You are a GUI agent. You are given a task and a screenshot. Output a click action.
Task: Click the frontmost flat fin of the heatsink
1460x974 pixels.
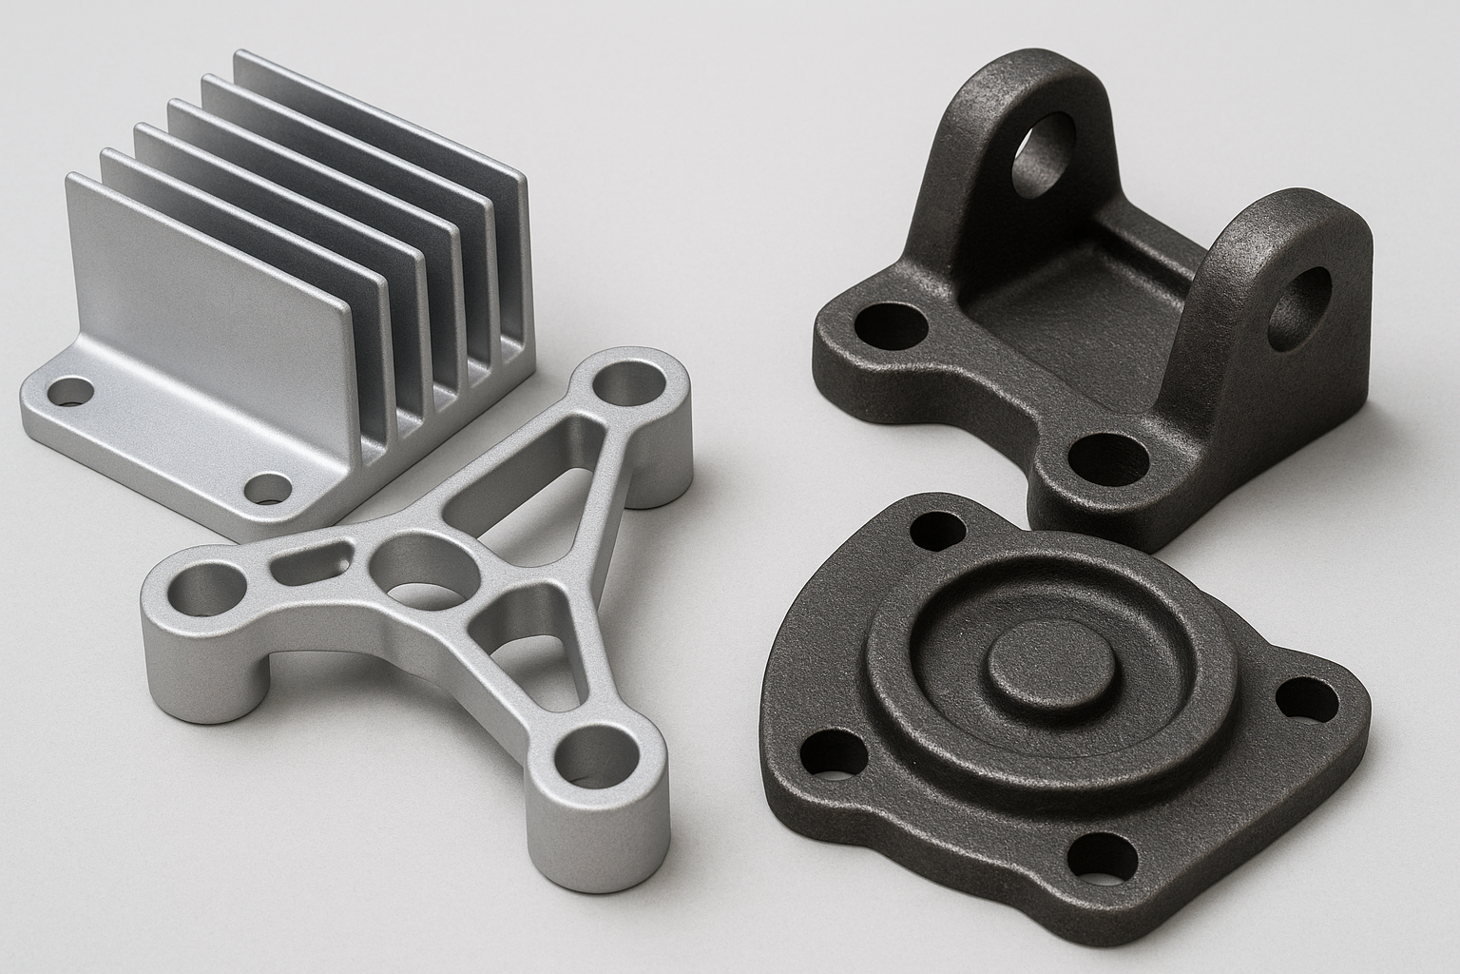click(204, 276)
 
